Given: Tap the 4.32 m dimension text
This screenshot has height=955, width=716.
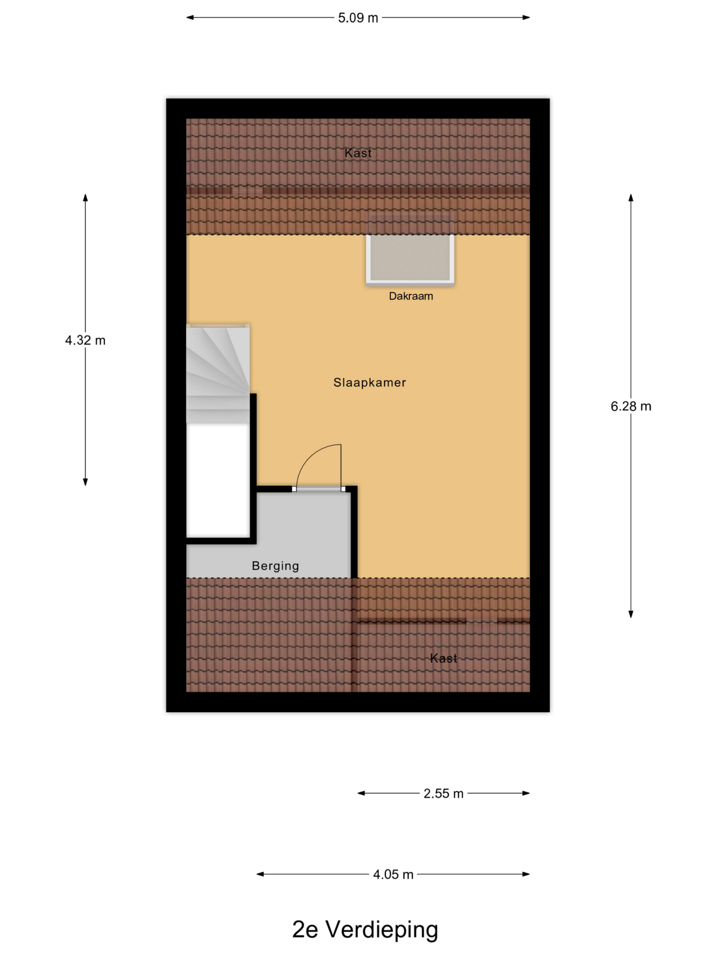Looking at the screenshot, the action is [85, 340].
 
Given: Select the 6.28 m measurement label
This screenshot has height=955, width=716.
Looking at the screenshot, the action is [631, 406].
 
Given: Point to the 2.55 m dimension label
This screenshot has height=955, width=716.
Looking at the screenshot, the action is [443, 793].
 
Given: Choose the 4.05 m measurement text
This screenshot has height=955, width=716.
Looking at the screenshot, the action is [393, 875].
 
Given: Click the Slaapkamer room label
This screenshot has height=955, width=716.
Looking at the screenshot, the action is [370, 382].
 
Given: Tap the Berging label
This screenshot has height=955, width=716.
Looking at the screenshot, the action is [275, 566].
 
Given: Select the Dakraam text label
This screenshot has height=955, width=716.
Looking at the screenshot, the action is [411, 296].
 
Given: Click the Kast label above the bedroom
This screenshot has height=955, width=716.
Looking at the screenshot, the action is [358, 153].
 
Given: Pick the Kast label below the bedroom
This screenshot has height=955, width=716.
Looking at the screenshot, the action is [443, 658].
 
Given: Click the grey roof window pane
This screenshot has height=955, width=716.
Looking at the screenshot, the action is [410, 258].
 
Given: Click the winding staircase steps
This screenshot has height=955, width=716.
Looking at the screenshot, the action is [218, 374].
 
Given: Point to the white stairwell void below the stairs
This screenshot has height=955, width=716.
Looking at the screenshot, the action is [218, 480].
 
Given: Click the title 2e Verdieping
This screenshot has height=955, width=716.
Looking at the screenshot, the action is [365, 929].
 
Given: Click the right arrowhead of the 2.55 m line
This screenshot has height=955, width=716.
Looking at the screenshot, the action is [526, 793].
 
